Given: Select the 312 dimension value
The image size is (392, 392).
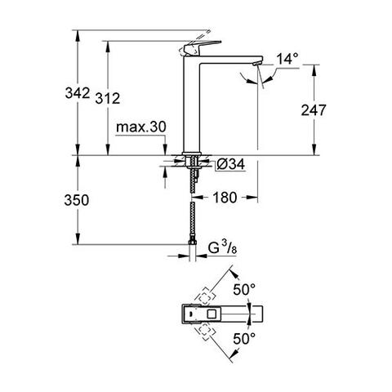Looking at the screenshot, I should (120, 98).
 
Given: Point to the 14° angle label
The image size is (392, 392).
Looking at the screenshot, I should (288, 58).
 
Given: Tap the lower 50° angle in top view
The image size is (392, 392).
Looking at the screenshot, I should (245, 337).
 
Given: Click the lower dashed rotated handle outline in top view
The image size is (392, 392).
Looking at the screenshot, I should (205, 330).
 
